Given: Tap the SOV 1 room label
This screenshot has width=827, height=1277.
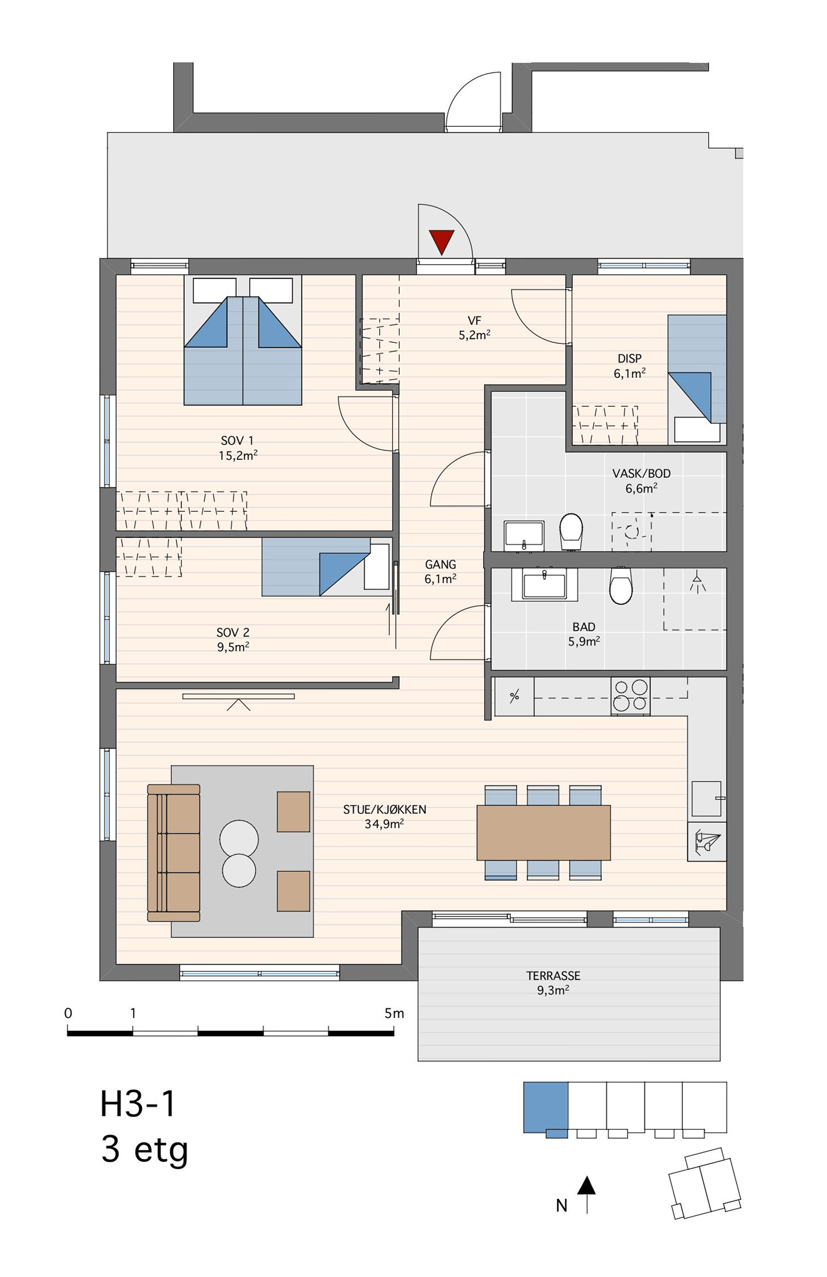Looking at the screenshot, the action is (x=237, y=440).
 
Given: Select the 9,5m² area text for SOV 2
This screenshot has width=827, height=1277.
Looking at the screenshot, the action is (x=233, y=647).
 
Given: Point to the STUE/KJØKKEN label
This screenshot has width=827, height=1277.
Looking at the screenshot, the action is (x=385, y=809).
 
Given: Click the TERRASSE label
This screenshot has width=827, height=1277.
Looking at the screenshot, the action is (x=553, y=976).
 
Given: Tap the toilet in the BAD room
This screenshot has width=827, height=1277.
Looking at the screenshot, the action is (x=620, y=585).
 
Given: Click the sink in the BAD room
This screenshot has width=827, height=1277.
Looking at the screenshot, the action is (x=544, y=584).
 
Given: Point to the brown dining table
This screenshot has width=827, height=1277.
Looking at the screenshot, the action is (x=543, y=832).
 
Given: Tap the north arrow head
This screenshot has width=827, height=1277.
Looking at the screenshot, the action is (x=586, y=1185).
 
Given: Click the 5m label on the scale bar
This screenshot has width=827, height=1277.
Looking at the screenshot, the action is (x=394, y=1013).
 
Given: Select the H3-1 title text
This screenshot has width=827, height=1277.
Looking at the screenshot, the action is (x=138, y=1104).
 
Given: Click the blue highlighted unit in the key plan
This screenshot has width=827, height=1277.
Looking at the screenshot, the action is (x=546, y=1108).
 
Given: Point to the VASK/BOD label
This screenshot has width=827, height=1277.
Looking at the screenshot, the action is (x=642, y=473).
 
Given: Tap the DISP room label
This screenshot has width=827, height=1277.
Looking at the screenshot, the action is (x=629, y=358).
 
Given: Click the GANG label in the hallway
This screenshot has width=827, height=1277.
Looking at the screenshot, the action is (x=441, y=564).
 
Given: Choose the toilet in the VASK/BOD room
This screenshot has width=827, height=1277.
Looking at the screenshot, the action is (x=571, y=531).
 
